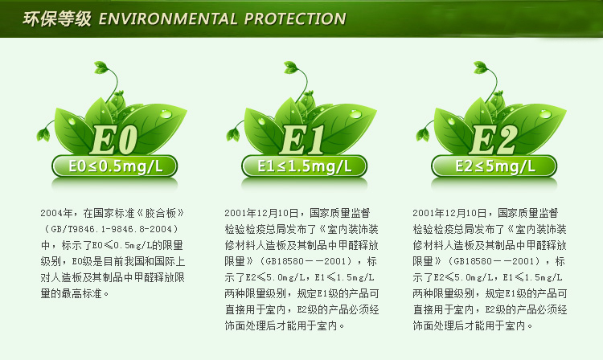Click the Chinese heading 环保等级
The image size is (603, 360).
(x=57, y=18)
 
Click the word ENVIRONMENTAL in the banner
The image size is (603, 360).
(x=168, y=18)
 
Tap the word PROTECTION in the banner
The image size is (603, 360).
(x=295, y=18)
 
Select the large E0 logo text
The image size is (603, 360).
(x=114, y=140)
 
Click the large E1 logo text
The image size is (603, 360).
(x=302, y=140)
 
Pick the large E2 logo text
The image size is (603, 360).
(x=494, y=140)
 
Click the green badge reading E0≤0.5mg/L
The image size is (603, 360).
(x=115, y=166)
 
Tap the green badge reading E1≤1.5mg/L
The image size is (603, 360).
(x=304, y=166)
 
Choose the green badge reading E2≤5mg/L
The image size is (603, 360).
(x=494, y=166)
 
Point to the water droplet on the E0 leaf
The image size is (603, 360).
(x=166, y=114)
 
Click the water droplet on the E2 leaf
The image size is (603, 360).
(x=545, y=114)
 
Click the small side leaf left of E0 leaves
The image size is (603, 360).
(x=44, y=133)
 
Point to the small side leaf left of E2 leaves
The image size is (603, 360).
(x=423, y=133)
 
